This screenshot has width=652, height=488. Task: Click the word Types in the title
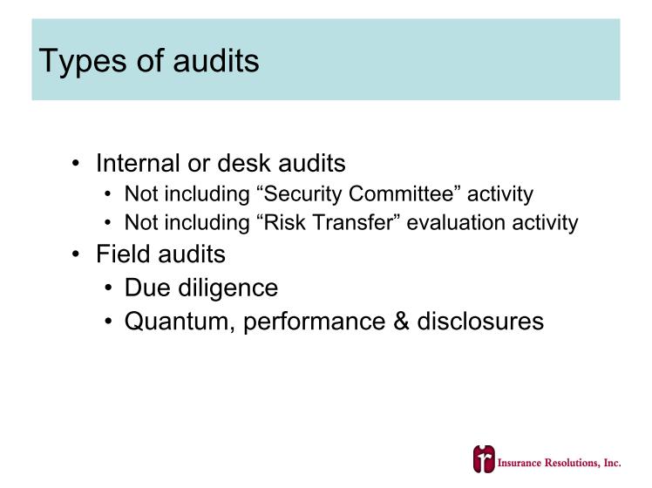point(82,63)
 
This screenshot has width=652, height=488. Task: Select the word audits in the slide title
point(216,61)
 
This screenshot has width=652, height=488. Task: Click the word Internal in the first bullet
point(138,163)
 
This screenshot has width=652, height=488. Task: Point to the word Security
point(299,194)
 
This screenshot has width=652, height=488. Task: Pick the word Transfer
point(356,222)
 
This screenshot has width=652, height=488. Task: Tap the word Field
point(123,254)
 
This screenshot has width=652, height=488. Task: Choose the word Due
point(147,288)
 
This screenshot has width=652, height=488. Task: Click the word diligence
point(228,289)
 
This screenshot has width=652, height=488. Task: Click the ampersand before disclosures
point(401,322)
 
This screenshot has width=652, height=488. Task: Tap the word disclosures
point(480,322)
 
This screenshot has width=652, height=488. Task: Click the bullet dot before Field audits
point(75,254)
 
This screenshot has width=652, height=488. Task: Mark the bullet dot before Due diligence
point(109,288)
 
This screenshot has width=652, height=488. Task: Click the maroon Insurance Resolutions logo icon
point(484,458)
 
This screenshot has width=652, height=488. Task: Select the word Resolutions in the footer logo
point(572,463)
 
